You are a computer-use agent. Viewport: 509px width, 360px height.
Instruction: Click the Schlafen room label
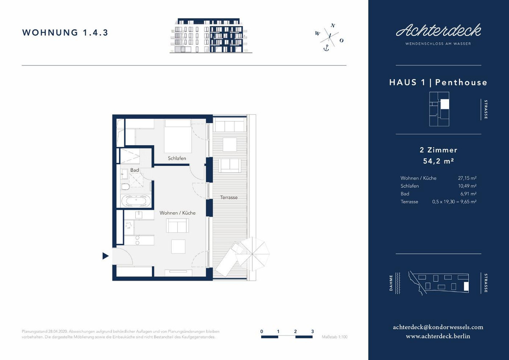tap(177, 158)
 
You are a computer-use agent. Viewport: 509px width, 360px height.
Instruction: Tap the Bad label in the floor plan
tap(134, 170)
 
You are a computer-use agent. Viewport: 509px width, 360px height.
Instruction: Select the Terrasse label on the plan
tap(229, 197)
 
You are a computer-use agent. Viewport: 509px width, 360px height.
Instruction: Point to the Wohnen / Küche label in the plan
tap(177, 213)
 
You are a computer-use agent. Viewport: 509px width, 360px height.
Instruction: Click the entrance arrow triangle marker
tap(105, 256)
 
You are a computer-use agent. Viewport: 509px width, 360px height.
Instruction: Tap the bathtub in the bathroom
tap(136, 201)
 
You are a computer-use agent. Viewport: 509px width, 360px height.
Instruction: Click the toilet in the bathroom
tap(125, 187)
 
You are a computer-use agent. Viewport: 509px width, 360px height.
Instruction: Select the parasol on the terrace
tap(252, 254)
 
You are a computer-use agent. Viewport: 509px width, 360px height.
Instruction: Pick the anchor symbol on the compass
tap(326, 48)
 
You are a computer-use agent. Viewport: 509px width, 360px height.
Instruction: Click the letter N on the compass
tap(333, 25)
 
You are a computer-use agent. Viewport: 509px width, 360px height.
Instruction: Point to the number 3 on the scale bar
tap(313, 332)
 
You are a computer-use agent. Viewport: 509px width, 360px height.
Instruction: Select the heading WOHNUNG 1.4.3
tap(65, 33)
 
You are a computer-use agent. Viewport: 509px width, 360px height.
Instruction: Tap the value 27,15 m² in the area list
tap(467, 178)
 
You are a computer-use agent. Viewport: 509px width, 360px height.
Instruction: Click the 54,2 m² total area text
tap(438, 161)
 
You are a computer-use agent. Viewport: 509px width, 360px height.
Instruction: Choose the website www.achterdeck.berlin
tap(438, 336)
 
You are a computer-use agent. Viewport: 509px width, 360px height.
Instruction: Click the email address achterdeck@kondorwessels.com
tap(438, 327)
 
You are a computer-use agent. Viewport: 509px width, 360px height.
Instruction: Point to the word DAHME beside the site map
tap(391, 283)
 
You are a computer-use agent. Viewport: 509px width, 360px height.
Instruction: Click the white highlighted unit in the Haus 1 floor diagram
tap(445, 104)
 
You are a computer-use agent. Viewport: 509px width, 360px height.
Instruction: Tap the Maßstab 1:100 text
tap(335, 337)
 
